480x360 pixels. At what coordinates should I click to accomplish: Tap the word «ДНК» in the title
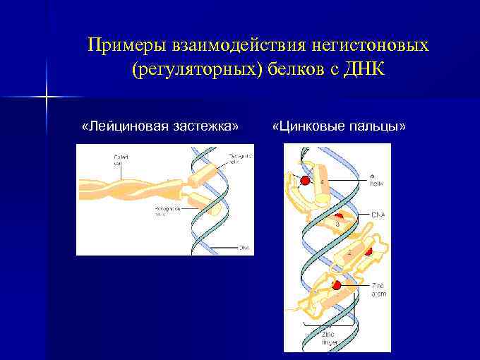(364, 71)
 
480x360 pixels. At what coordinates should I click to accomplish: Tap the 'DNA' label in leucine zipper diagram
(244, 247)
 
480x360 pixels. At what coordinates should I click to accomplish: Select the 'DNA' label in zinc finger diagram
(378, 213)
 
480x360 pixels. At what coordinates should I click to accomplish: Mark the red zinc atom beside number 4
(305, 181)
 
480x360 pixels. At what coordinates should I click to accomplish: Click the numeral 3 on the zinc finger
(337, 224)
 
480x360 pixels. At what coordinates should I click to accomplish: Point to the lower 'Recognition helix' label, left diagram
(168, 212)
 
